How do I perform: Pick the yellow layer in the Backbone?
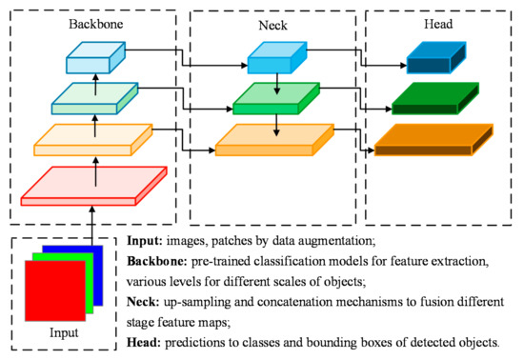click(93, 141)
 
